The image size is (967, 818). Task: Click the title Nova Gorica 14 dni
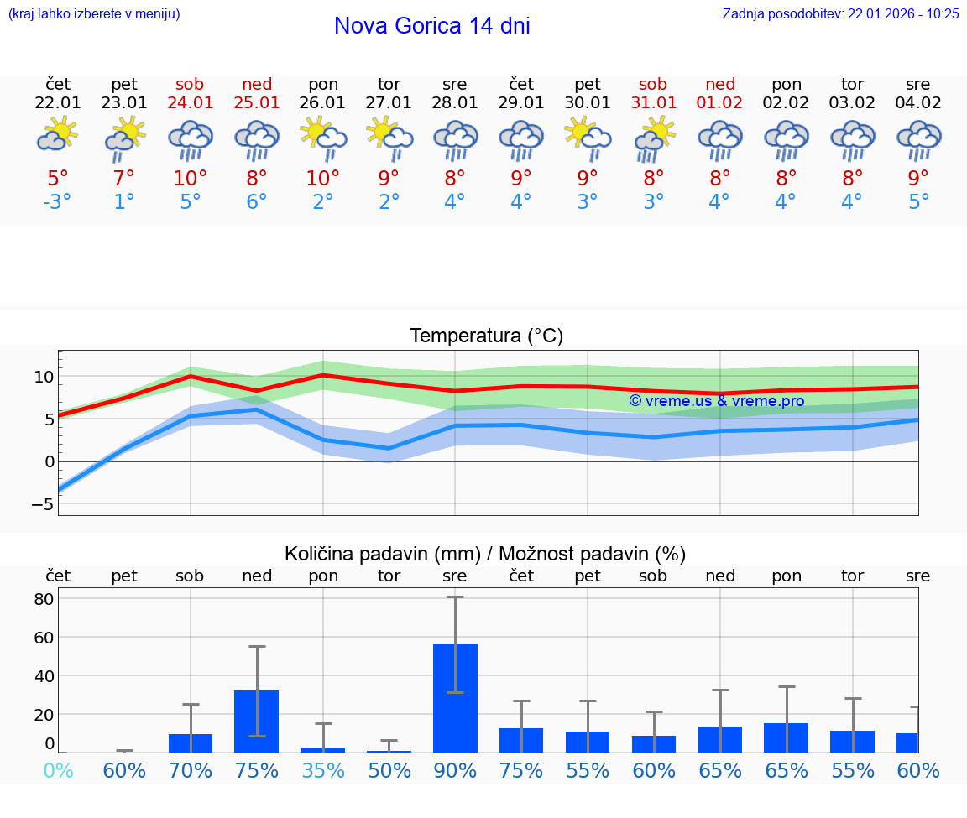click(x=431, y=26)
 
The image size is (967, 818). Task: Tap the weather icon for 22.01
click(x=58, y=135)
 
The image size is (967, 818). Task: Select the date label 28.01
click(x=455, y=103)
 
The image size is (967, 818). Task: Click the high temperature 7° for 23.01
click(x=124, y=178)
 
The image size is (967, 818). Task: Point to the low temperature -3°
click(x=58, y=202)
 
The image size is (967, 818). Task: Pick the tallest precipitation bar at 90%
click(x=455, y=697)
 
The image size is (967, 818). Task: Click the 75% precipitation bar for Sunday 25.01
click(x=256, y=721)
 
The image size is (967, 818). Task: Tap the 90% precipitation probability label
click(x=455, y=770)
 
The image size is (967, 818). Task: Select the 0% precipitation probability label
click(x=58, y=770)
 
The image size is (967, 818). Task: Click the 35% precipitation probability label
click(x=322, y=770)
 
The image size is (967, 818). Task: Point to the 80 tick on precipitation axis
click(x=44, y=599)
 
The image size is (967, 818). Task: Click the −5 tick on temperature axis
click(x=41, y=504)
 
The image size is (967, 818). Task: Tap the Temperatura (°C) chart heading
click(x=486, y=336)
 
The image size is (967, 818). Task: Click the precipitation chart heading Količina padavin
click(x=485, y=554)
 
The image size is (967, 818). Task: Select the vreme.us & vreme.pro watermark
click(x=716, y=401)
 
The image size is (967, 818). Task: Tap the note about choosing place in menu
click(x=94, y=14)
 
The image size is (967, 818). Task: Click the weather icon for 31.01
click(x=654, y=136)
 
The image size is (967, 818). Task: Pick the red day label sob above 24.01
click(x=191, y=84)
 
